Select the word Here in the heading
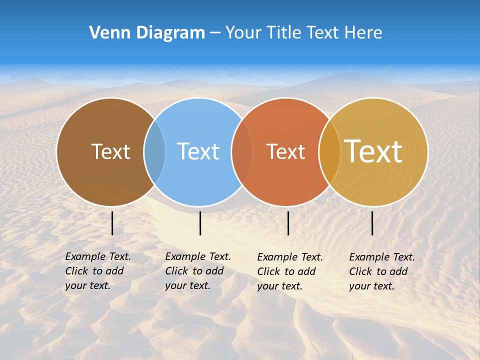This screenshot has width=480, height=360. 363,33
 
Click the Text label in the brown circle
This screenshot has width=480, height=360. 110,151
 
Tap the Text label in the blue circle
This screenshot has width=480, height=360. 198,151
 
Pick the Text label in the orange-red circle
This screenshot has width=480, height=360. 285,151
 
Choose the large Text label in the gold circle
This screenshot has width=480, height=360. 373,151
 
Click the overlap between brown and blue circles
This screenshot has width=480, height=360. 154,151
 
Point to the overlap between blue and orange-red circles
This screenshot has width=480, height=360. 242,151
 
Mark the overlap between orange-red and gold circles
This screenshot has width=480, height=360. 329,151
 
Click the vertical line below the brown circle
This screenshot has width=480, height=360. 112,223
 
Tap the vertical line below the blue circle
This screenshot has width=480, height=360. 200,223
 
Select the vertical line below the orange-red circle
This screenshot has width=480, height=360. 288,223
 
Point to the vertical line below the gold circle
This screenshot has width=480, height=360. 372,223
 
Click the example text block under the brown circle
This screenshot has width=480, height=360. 97,271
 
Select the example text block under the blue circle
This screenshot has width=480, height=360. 197,271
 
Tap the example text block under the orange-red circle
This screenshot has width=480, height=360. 289,271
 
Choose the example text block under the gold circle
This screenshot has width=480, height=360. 381,271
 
